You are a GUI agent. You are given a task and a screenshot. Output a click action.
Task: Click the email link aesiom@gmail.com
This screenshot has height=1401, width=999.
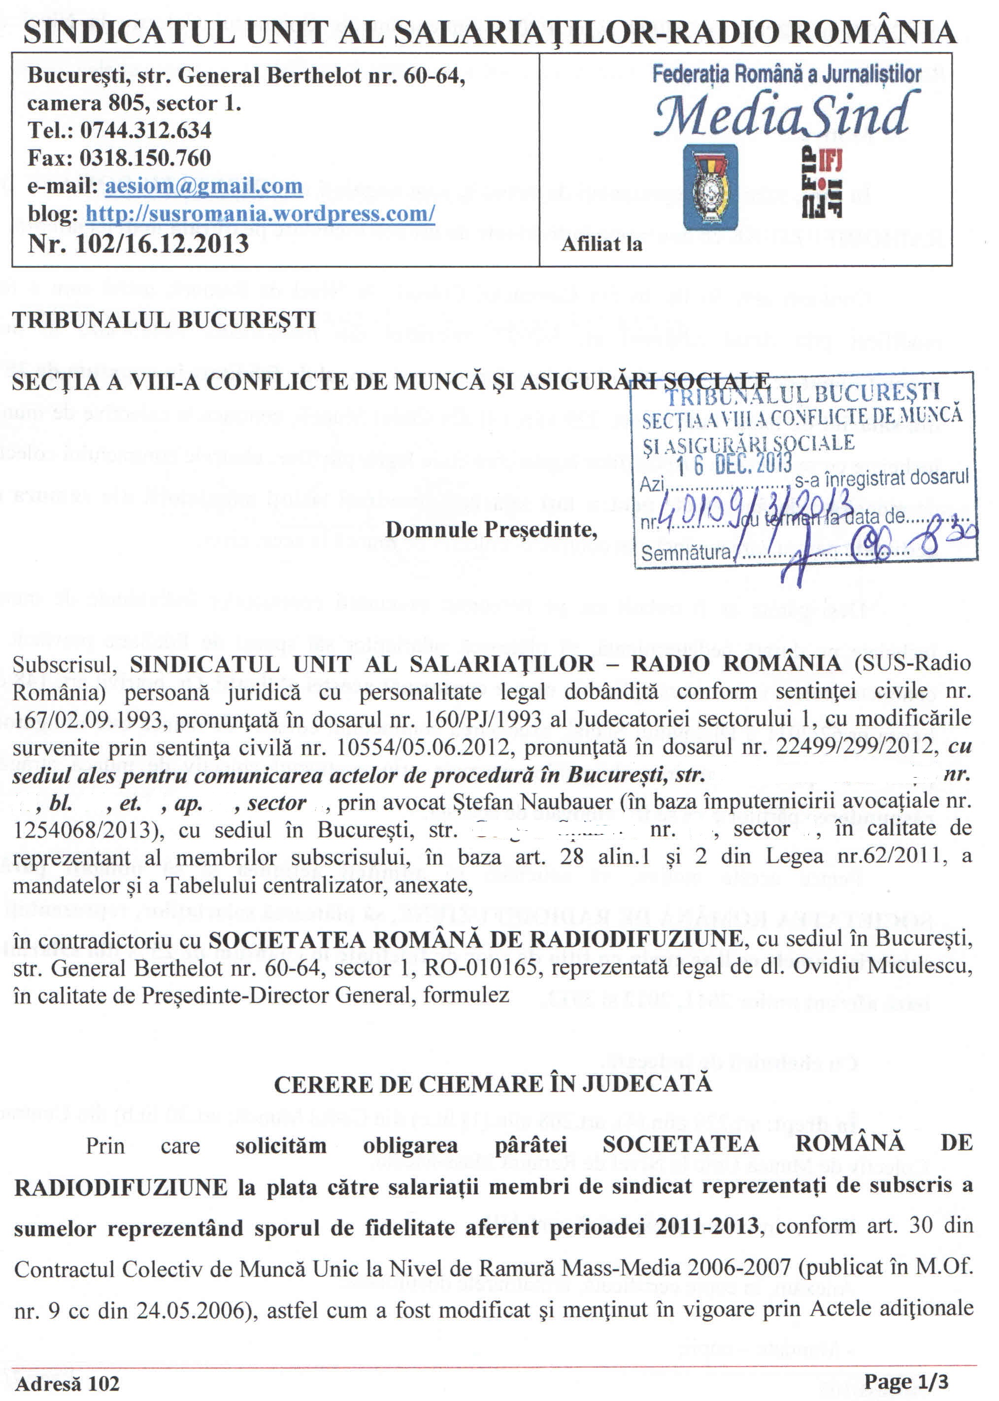tap(203, 186)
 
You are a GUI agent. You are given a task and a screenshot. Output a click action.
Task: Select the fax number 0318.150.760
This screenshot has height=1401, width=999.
tap(145, 158)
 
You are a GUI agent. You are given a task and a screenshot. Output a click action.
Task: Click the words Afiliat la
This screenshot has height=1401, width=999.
tap(601, 244)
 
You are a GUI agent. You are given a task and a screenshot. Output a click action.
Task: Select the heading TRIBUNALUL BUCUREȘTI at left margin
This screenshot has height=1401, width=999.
tap(164, 320)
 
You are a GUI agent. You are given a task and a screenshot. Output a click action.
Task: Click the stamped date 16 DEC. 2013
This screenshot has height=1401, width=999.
tap(734, 463)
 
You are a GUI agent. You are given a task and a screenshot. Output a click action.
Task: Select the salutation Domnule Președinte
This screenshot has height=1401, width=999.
tap(491, 529)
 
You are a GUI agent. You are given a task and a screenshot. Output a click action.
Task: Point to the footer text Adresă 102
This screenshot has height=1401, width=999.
tap(67, 1384)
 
